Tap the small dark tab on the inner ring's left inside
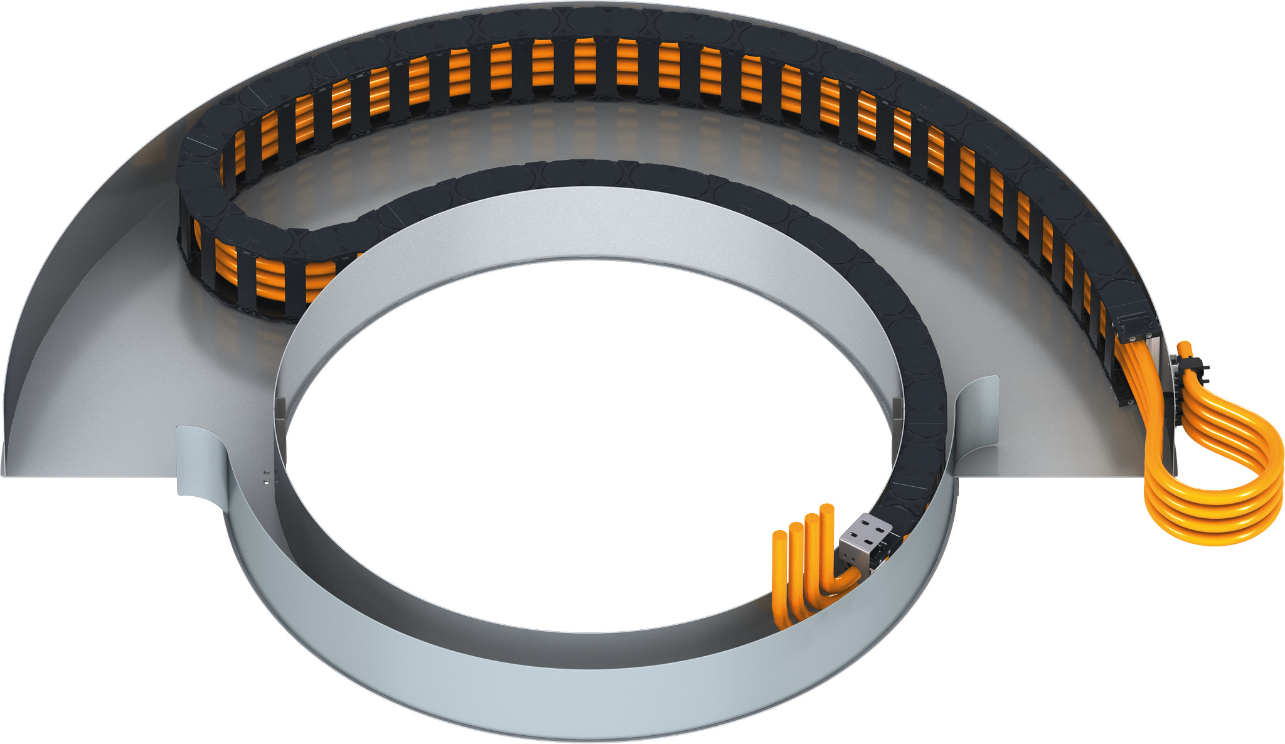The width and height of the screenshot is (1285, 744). [x=280, y=408]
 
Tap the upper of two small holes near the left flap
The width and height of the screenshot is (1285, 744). [x=267, y=472]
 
